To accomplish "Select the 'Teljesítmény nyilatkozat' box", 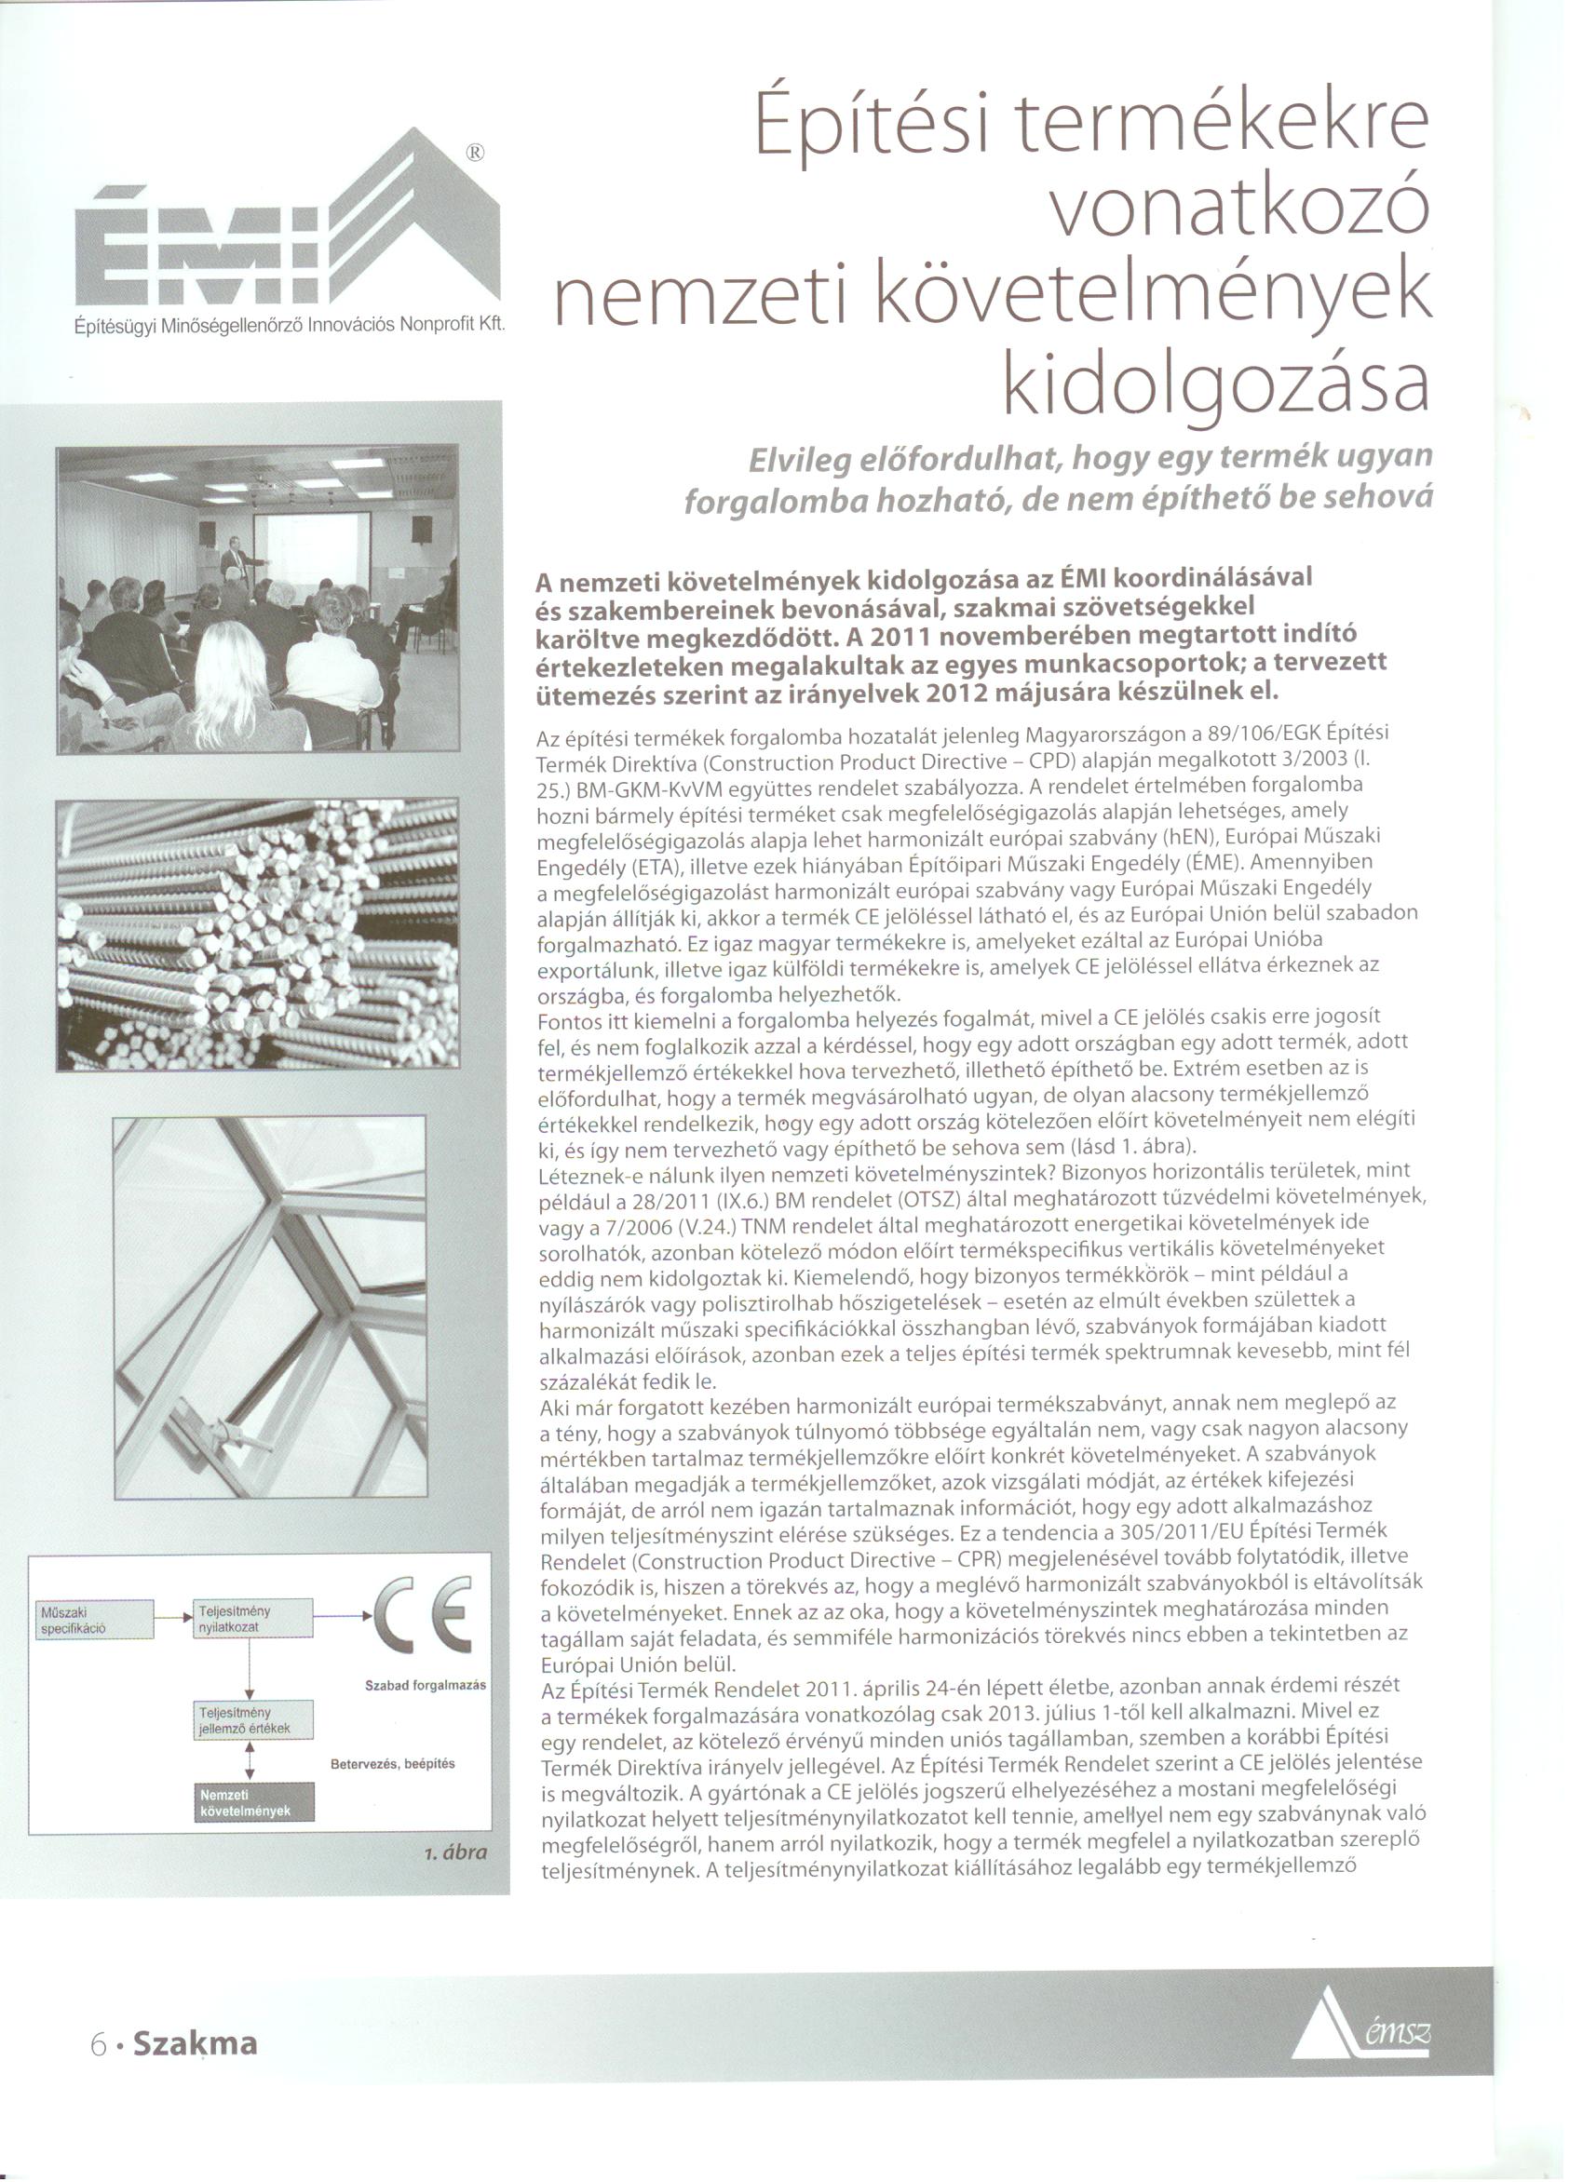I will tap(252, 1618).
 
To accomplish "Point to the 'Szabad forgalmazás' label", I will tap(425, 1686).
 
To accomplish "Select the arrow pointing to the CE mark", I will tap(342, 1617).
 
